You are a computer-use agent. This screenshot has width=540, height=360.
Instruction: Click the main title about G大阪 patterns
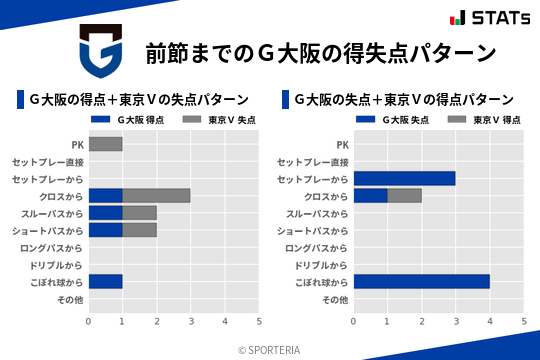click(320, 52)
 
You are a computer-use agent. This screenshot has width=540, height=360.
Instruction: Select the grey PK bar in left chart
click(105, 144)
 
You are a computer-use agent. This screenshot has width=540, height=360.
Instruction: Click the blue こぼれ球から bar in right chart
click(421, 282)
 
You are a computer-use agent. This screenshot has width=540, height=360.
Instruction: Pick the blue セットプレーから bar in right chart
click(404, 178)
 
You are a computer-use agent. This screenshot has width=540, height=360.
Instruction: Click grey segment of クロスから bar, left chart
click(156, 196)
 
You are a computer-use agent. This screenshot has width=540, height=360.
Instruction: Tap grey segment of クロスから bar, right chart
click(404, 196)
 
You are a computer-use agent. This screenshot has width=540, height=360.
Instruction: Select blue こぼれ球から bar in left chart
click(105, 282)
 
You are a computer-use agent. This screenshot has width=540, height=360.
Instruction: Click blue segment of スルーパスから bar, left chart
click(105, 213)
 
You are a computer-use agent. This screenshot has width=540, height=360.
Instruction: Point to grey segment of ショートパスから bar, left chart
click(139, 230)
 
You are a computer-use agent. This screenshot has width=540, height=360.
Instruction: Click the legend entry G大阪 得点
click(128, 120)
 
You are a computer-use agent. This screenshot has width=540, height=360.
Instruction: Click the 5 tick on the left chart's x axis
click(259, 321)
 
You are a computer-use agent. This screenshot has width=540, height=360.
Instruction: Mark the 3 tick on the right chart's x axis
click(455, 321)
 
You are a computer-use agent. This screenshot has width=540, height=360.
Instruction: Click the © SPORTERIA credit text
click(269, 350)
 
